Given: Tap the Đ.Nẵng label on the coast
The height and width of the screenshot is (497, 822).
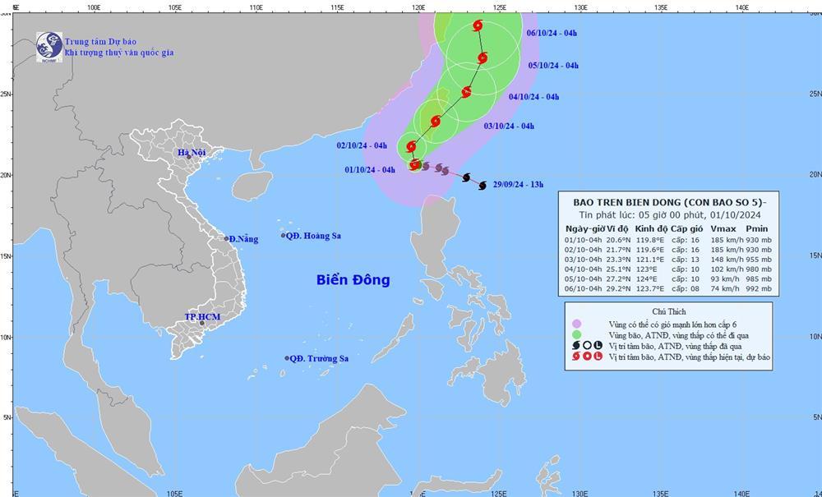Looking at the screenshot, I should coord(243,239).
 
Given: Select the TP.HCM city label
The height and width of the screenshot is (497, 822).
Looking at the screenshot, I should coord(200,316).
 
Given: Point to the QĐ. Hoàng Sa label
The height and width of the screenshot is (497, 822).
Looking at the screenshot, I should coord(315,236).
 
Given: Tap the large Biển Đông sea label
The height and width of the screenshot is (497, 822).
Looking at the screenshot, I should coord(353,280).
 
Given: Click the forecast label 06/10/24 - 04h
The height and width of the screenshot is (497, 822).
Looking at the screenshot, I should coord(552,33).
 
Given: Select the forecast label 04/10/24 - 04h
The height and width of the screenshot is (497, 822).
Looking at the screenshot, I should coord(533,97).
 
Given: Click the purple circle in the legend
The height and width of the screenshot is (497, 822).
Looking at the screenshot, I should coord(577,323).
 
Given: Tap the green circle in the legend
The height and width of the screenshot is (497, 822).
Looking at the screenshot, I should coord(577,334).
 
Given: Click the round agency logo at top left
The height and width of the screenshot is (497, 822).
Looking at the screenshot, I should coord(48,46).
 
